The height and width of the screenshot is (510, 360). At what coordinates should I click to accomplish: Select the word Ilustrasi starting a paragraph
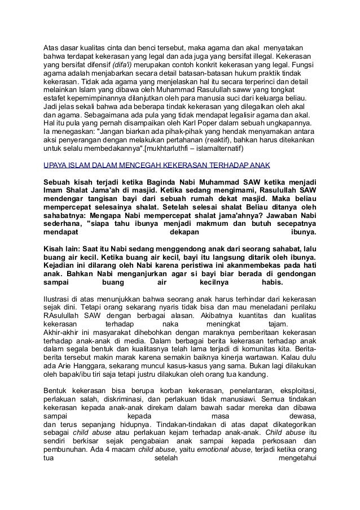[x=59, y=299]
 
